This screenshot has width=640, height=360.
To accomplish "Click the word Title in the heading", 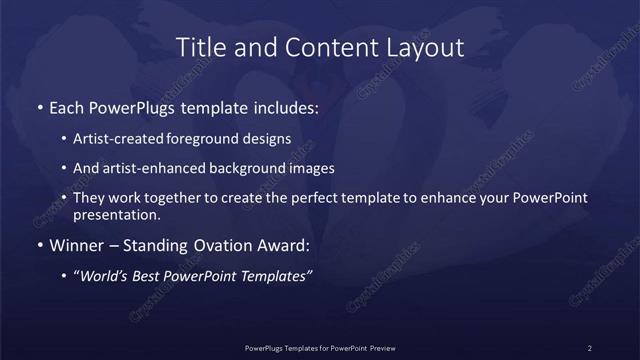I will pos(199,47).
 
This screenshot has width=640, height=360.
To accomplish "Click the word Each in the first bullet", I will pos(68,106).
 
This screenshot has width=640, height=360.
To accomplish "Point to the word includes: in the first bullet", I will pos(286,106).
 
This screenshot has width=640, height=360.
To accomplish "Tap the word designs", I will pos(270,139).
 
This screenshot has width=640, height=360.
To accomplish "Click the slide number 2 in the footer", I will pos(590,348).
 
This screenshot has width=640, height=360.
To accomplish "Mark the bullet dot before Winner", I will pos(39,246).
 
